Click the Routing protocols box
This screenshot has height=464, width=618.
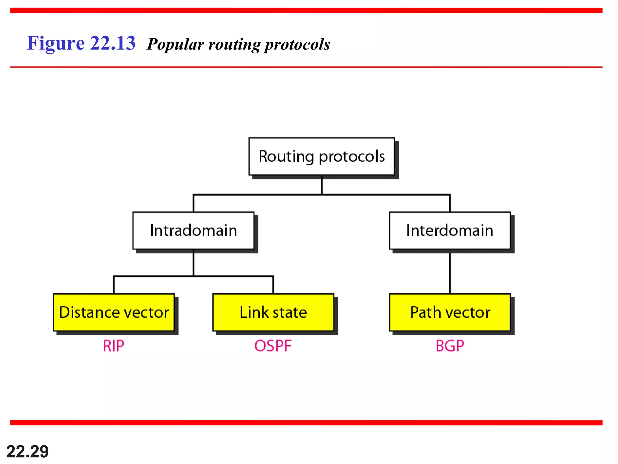click(321, 156)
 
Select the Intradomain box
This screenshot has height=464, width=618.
click(193, 230)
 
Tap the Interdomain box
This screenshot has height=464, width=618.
click(450, 230)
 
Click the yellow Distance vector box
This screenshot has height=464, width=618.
click(114, 312)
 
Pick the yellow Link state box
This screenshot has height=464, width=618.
click(273, 312)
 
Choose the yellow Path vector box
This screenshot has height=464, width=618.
click(450, 312)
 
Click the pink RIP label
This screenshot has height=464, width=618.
click(113, 346)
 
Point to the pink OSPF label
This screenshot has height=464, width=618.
click(273, 346)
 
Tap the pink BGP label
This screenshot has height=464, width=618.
click(450, 346)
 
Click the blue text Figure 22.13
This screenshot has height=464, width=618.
click(81, 43)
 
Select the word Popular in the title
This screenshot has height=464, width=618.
click(175, 44)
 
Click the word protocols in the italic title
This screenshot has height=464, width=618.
click(297, 44)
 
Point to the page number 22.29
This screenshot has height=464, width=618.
click(27, 452)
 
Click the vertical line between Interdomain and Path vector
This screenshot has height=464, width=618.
click(450, 273)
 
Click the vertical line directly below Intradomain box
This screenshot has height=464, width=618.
click(193, 263)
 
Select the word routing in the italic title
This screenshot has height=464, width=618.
click(234, 44)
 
